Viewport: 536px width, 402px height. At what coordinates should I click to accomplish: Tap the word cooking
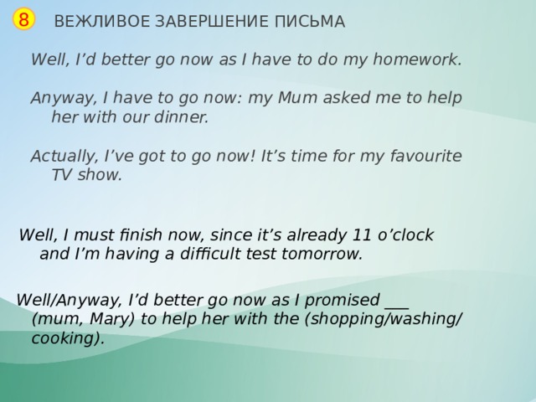coord(65,338)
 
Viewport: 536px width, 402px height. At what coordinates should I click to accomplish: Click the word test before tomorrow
coord(271,254)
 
